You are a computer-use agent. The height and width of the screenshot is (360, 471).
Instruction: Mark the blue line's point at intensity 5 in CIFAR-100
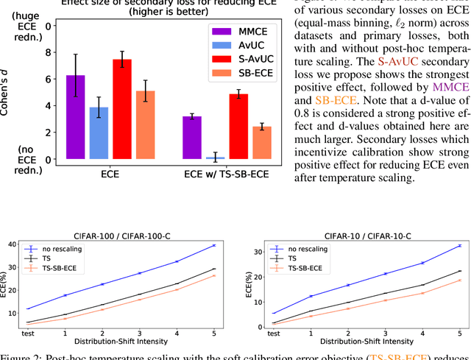point(214,245)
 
